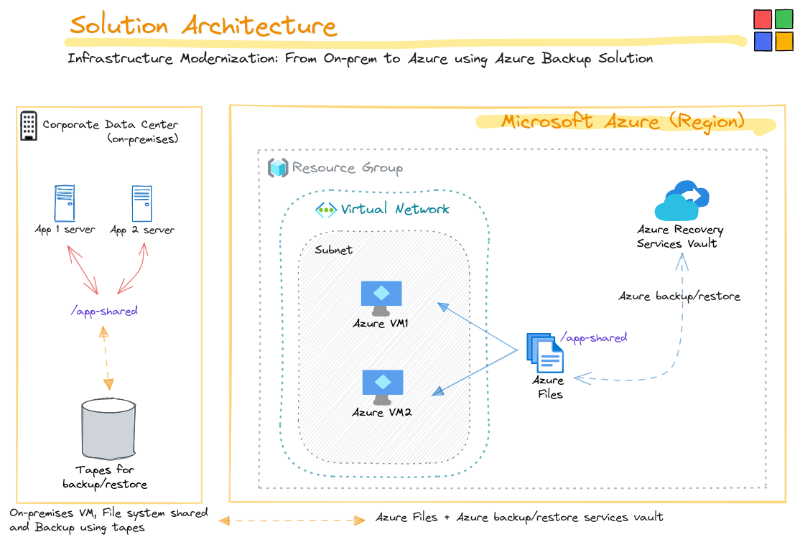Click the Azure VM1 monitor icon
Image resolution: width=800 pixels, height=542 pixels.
(381, 296)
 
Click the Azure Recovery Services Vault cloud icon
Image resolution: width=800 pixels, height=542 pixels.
(682, 201)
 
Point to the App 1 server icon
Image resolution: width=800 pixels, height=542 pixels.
(65, 204)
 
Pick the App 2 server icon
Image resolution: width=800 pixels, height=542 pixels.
(141, 204)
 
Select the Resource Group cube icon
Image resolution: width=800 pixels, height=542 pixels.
(277, 168)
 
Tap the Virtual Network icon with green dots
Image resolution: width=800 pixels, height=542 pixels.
(326, 210)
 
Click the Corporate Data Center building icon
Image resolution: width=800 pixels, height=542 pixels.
(29, 126)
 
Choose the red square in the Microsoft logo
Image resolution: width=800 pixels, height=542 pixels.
(763, 19)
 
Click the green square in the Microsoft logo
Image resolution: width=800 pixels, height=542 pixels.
(784, 19)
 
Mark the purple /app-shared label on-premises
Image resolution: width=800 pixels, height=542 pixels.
(104, 311)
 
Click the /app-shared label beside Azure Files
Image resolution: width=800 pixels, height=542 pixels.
(593, 337)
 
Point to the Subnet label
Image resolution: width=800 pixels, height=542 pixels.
(333, 250)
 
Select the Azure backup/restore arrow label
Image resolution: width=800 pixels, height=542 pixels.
(679, 296)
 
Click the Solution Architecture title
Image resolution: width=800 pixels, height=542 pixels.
(203, 26)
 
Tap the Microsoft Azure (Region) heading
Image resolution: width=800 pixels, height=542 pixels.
(623, 121)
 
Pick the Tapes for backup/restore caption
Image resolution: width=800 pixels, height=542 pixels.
(105, 477)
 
